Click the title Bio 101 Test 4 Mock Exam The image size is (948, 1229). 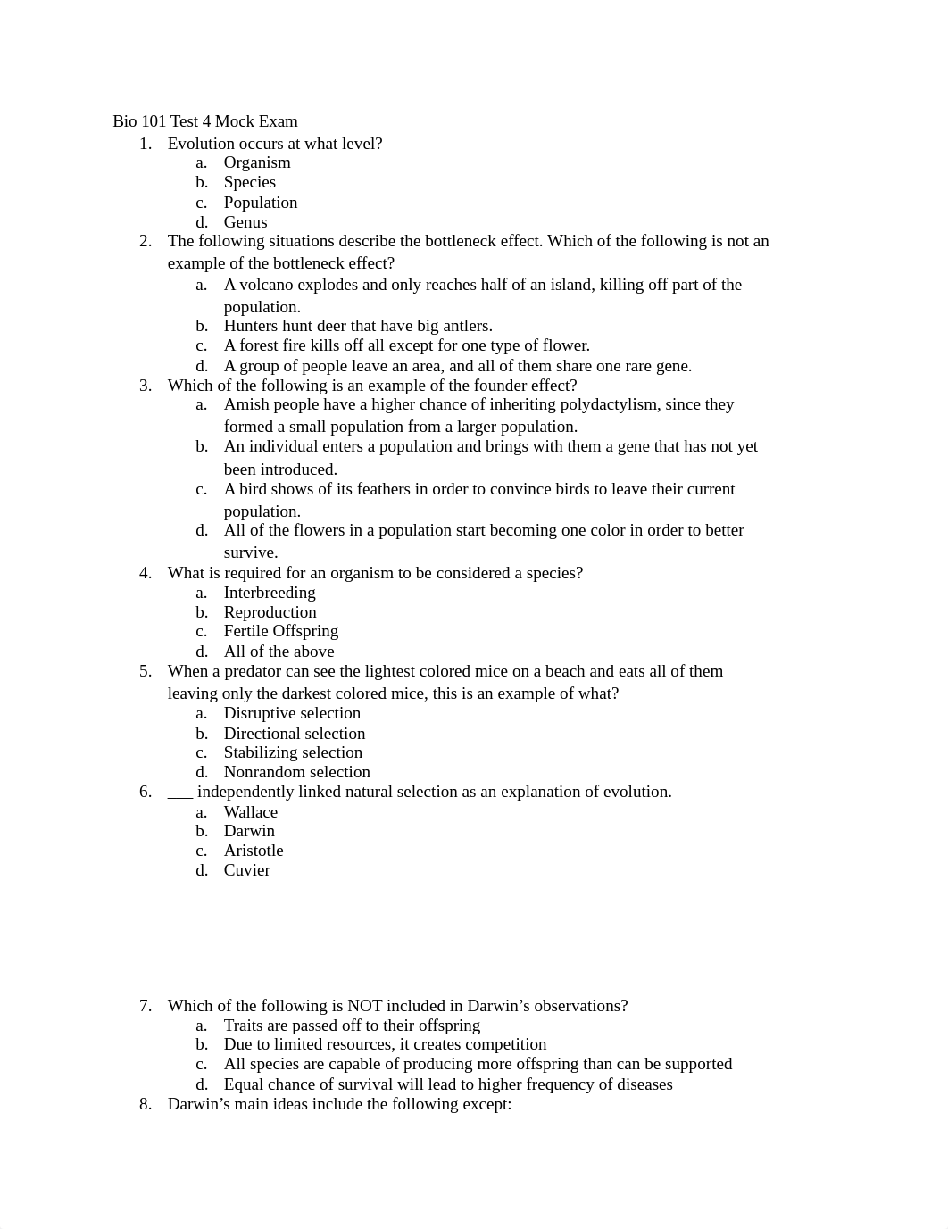pos(205,121)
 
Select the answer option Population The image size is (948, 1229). pos(261,203)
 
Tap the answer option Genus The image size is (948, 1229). pos(245,222)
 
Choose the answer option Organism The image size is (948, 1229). pos(257,162)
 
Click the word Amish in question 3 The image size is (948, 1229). pos(246,404)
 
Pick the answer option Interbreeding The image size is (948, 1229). pos(270,593)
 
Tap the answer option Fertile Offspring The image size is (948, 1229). pos(281,631)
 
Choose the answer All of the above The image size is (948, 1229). pos(279,652)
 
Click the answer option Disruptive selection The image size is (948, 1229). pos(292,713)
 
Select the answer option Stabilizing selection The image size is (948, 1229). pos(293,752)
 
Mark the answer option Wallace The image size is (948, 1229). pos(251,812)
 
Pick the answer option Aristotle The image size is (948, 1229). pos(254,851)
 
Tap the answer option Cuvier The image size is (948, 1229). pos(247,870)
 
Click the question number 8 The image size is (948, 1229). pos(146,1104)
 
